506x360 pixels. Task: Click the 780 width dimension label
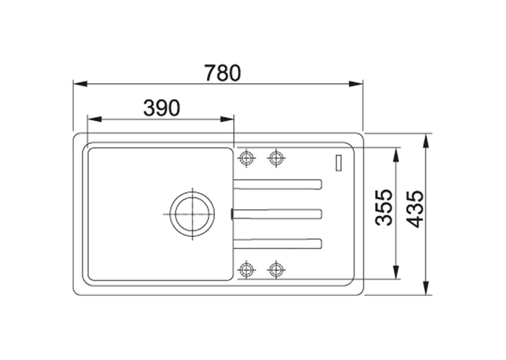[x=223, y=73]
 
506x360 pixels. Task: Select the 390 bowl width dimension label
[x=162, y=108]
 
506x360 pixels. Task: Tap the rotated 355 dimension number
[x=384, y=207]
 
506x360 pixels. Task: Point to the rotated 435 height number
[x=414, y=209]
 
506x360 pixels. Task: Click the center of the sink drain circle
[x=192, y=214]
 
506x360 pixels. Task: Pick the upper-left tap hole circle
[x=246, y=158]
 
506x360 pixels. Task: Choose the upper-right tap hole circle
[x=276, y=158]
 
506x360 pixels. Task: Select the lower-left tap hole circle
[x=246, y=269]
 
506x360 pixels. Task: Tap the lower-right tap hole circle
[x=276, y=269]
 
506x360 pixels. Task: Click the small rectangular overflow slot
[x=338, y=163]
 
